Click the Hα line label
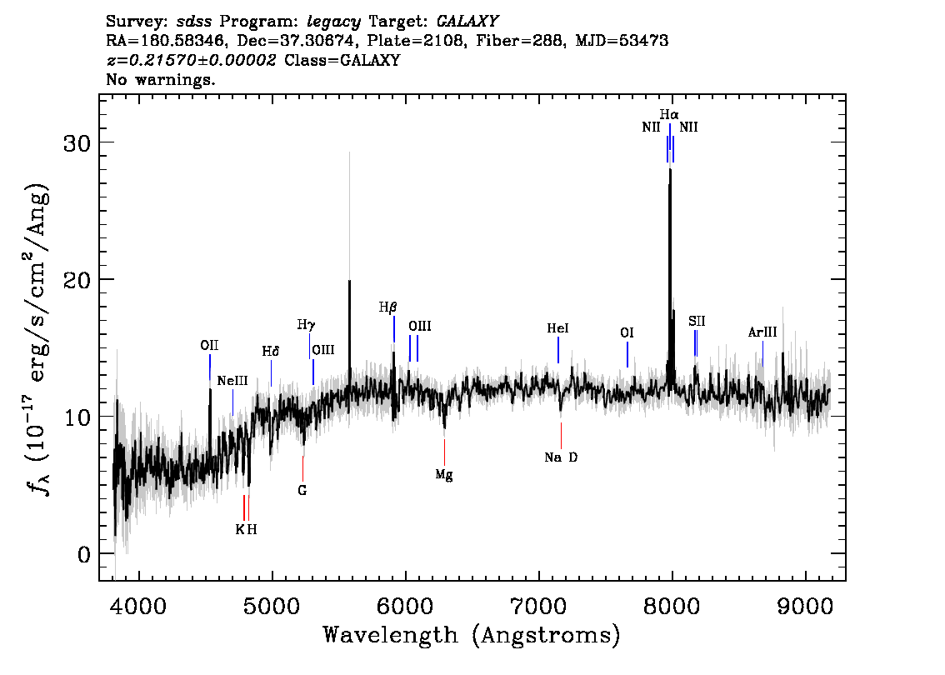pyautogui.click(x=669, y=114)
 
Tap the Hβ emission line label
pyautogui.click(x=388, y=307)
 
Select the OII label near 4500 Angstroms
pyautogui.click(x=209, y=345)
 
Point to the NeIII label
pyautogui.click(x=232, y=381)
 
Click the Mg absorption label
pyautogui.click(x=444, y=475)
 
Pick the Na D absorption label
pyautogui.click(x=561, y=457)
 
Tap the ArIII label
pyautogui.click(x=762, y=332)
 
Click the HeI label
pyautogui.click(x=557, y=328)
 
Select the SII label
pyautogui.click(x=697, y=321)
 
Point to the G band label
pyautogui.click(x=302, y=491)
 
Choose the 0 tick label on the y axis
pyautogui.click(x=84, y=554)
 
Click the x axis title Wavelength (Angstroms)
pyautogui.click(x=472, y=635)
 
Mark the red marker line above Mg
pyautogui.click(x=445, y=452)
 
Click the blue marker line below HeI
pyautogui.click(x=558, y=350)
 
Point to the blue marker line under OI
pyautogui.click(x=627, y=354)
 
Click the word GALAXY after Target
pyautogui.click(x=467, y=22)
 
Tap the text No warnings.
pyautogui.click(x=160, y=79)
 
